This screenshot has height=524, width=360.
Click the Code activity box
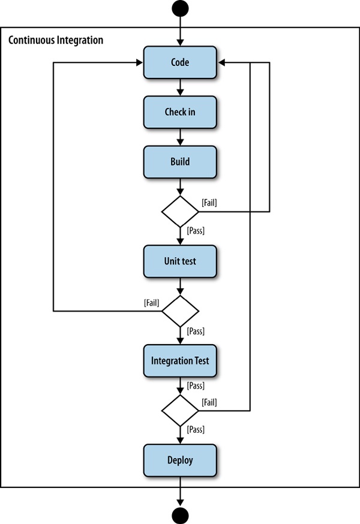179,62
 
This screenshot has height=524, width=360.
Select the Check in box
179,112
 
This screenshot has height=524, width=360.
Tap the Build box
179,162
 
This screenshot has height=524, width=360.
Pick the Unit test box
179,261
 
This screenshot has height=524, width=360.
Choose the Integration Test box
179,361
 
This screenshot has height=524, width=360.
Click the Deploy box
179,460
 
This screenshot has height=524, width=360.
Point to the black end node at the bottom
179,515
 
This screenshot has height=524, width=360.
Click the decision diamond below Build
179,212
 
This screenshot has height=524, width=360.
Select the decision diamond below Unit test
179,311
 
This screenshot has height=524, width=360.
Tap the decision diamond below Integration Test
179,411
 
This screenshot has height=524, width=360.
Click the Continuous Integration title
56,40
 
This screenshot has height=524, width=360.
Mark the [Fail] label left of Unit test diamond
152,303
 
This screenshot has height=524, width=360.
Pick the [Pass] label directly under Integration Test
196,384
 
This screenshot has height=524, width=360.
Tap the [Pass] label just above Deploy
196,429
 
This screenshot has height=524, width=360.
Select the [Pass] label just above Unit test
196,230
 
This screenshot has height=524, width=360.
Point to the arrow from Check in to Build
179,137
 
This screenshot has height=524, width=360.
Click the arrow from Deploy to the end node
179,492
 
